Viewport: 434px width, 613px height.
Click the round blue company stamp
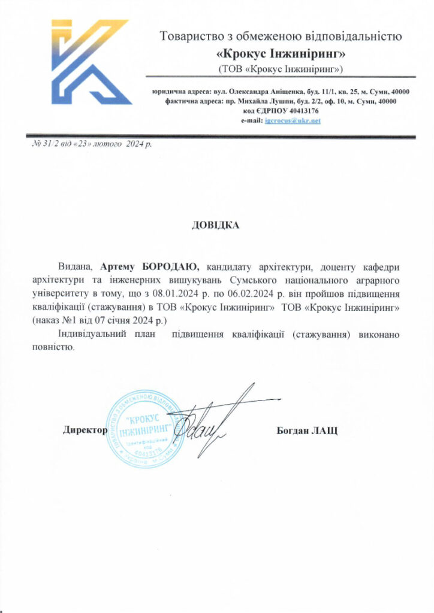point(144,429)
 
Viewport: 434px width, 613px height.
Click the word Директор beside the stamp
point(85,430)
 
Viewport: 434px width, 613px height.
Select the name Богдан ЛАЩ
point(307,430)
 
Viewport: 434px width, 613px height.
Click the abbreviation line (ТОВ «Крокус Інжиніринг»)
point(281,69)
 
